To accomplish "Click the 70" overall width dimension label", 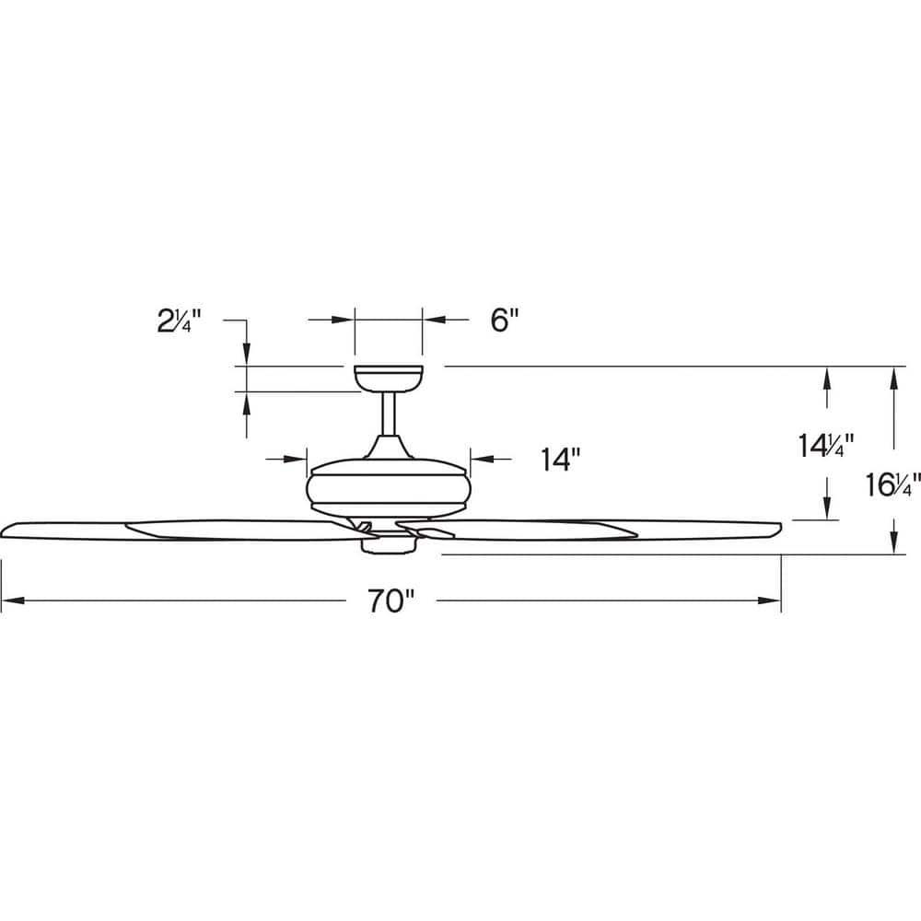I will [x=391, y=601].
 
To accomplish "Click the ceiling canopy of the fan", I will [x=388, y=377].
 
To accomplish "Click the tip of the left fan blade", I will [x=7, y=530].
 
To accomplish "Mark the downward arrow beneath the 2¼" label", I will [x=247, y=355].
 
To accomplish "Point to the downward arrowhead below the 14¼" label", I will [x=828, y=510].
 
